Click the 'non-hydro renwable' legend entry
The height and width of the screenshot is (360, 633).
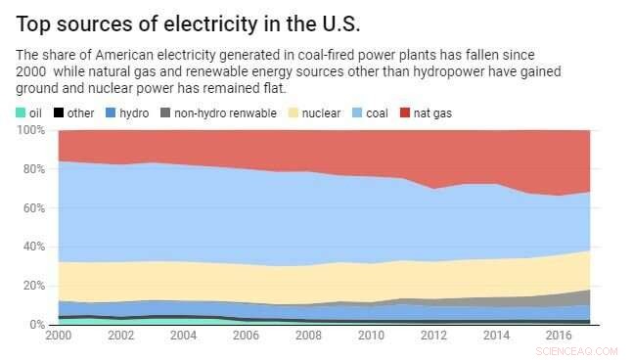pos(215,113)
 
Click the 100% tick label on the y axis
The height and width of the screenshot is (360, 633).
pos(30,130)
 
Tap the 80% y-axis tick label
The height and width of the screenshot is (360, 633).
pos(33,169)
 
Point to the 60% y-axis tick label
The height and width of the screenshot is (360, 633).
pos(33,208)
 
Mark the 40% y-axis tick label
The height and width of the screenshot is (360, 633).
pos(33,247)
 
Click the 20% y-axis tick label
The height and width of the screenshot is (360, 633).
pos(33,286)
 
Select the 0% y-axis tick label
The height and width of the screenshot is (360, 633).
pos(36,325)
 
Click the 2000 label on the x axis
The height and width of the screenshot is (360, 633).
pos(59,336)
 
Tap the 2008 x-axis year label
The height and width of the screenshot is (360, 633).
pos(308,336)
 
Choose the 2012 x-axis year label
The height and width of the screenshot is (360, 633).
pos(432,336)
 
